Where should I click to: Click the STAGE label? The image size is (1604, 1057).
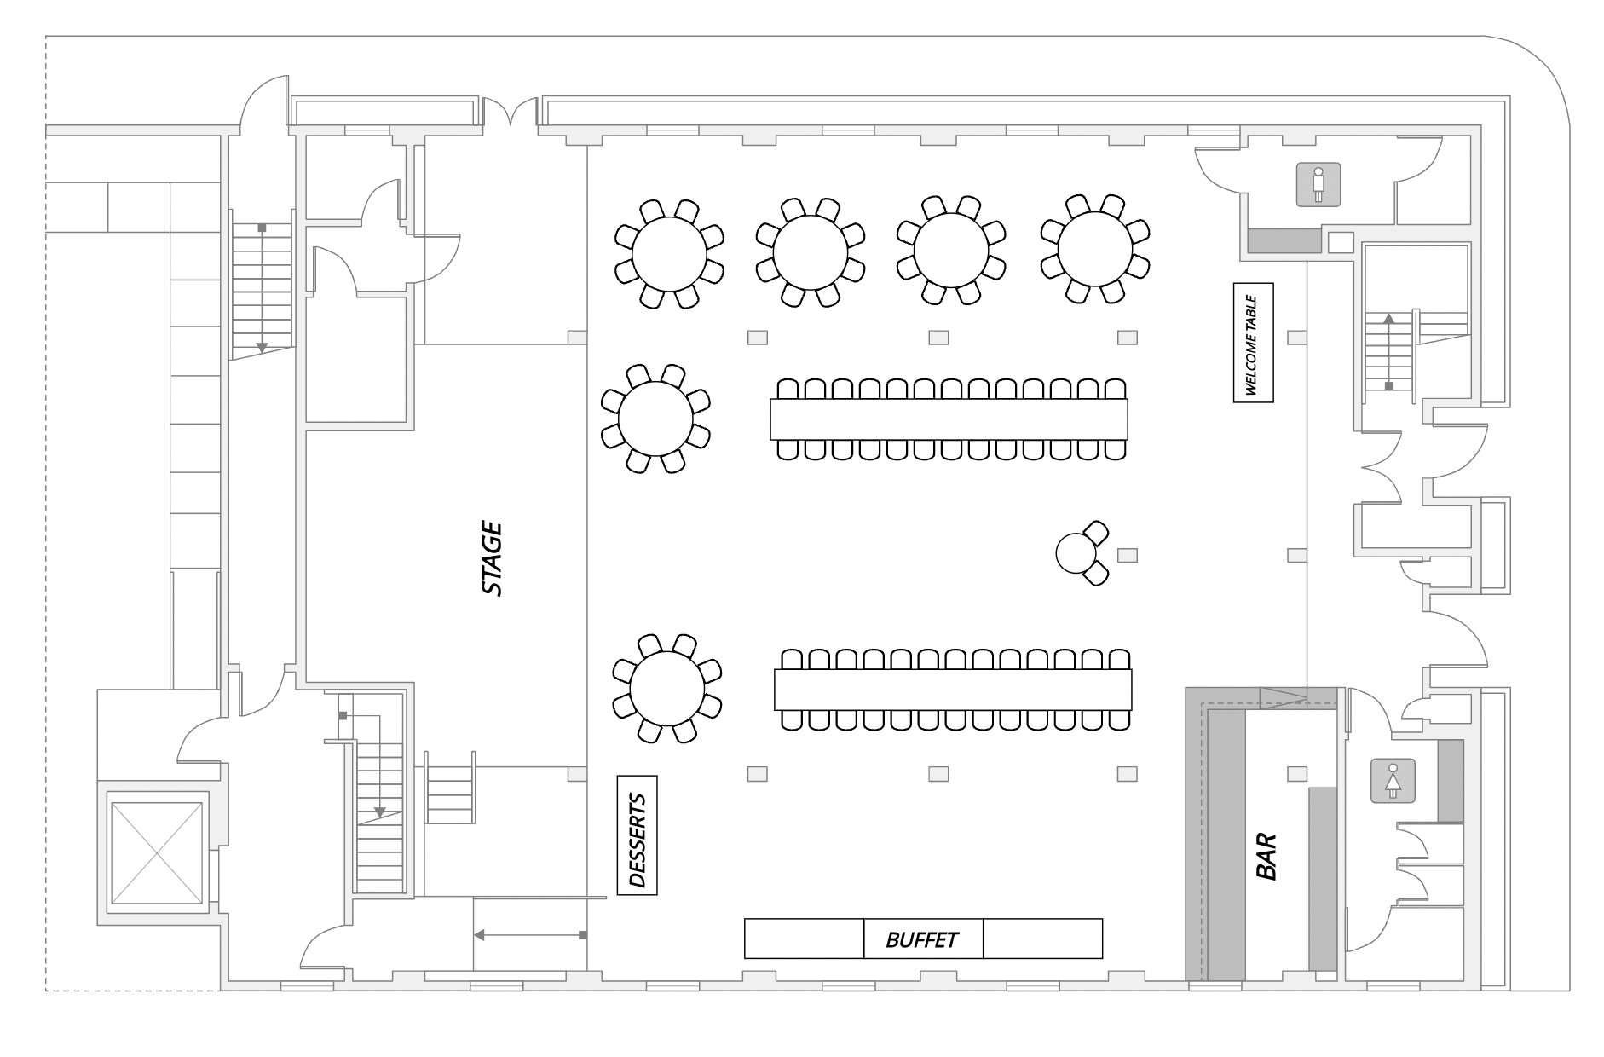pos(492,559)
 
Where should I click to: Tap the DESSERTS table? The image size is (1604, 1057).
pos(637,835)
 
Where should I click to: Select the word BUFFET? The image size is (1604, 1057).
pos(922,939)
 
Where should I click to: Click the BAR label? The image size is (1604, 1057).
pos(1266,856)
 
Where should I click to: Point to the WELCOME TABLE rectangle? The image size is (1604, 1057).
pos(1253,343)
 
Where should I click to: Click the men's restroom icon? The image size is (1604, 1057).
pos(1318,184)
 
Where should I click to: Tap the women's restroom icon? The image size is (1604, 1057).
pos(1393,781)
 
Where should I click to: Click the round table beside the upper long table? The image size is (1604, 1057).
pos(655,419)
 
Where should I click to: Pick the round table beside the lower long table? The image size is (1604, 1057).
pos(667,689)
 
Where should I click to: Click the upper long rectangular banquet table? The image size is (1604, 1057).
pos(949,419)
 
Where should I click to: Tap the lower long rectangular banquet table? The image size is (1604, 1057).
pos(953,690)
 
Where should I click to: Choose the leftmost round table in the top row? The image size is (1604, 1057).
pos(669,253)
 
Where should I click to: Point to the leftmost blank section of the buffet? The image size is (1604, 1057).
pos(804,939)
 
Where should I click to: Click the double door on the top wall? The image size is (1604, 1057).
pos(511,112)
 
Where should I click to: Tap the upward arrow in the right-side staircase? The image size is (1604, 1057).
pos(1388,351)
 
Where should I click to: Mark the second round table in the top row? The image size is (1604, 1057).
pos(811,252)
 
